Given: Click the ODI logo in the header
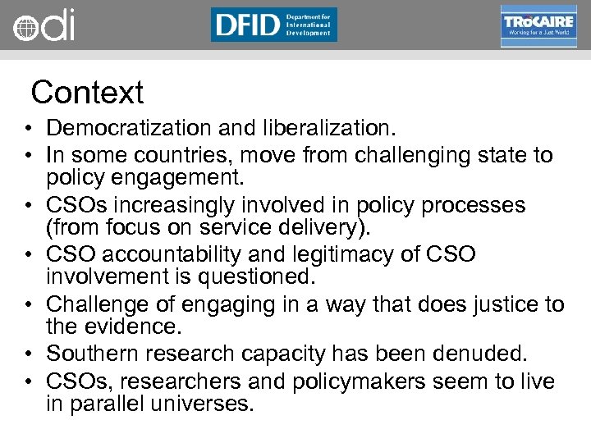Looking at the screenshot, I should point(44,25).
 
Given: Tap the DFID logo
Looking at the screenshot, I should point(273,25).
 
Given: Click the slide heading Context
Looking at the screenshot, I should point(87,92).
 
